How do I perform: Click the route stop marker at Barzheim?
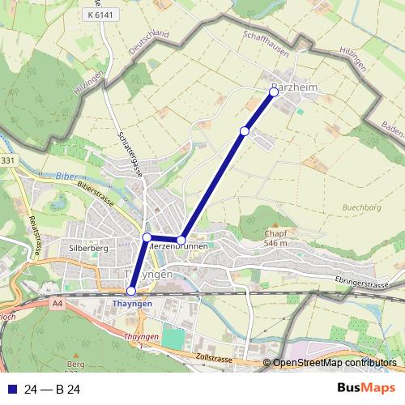coord(274,92)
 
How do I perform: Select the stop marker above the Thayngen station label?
coord(131,291)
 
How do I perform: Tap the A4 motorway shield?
coord(56,304)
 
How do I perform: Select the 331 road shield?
coord(8,162)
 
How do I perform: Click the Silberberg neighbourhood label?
coord(89,248)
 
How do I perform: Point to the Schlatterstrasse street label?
coord(130,154)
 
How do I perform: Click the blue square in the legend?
coord(11,390)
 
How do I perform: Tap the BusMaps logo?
coord(365,389)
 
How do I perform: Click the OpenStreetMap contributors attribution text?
coord(334,364)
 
